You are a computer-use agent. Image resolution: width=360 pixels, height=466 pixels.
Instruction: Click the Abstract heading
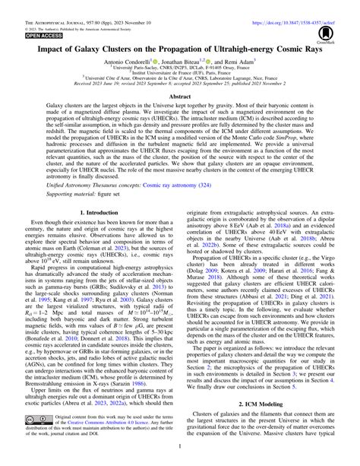(180, 118)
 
